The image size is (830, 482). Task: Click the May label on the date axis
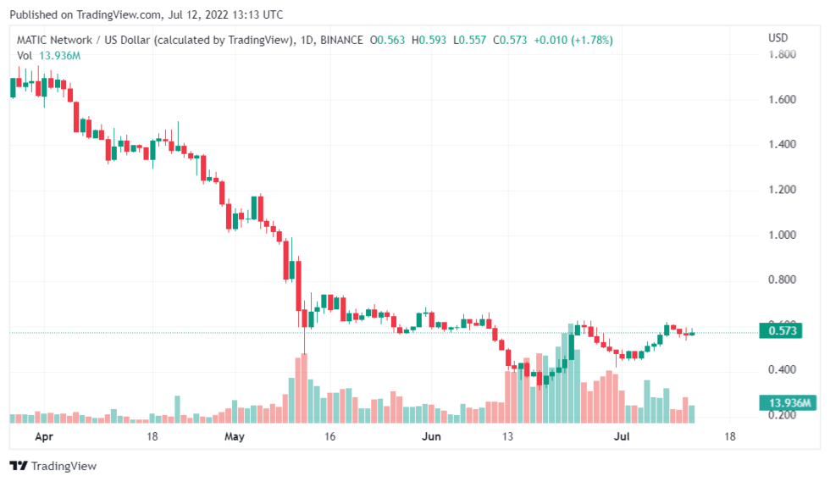click(235, 437)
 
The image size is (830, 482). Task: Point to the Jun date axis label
click(432, 437)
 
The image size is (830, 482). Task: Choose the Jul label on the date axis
click(622, 437)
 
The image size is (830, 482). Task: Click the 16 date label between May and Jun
click(330, 437)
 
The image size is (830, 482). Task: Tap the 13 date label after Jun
click(508, 437)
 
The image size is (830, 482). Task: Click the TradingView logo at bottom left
click(53, 466)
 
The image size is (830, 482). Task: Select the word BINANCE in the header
click(343, 40)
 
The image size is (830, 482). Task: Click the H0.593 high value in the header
click(430, 40)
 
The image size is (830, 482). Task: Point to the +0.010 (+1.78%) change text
click(571, 40)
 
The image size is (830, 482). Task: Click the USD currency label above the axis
click(777, 38)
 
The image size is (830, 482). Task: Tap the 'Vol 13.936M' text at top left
click(48, 55)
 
